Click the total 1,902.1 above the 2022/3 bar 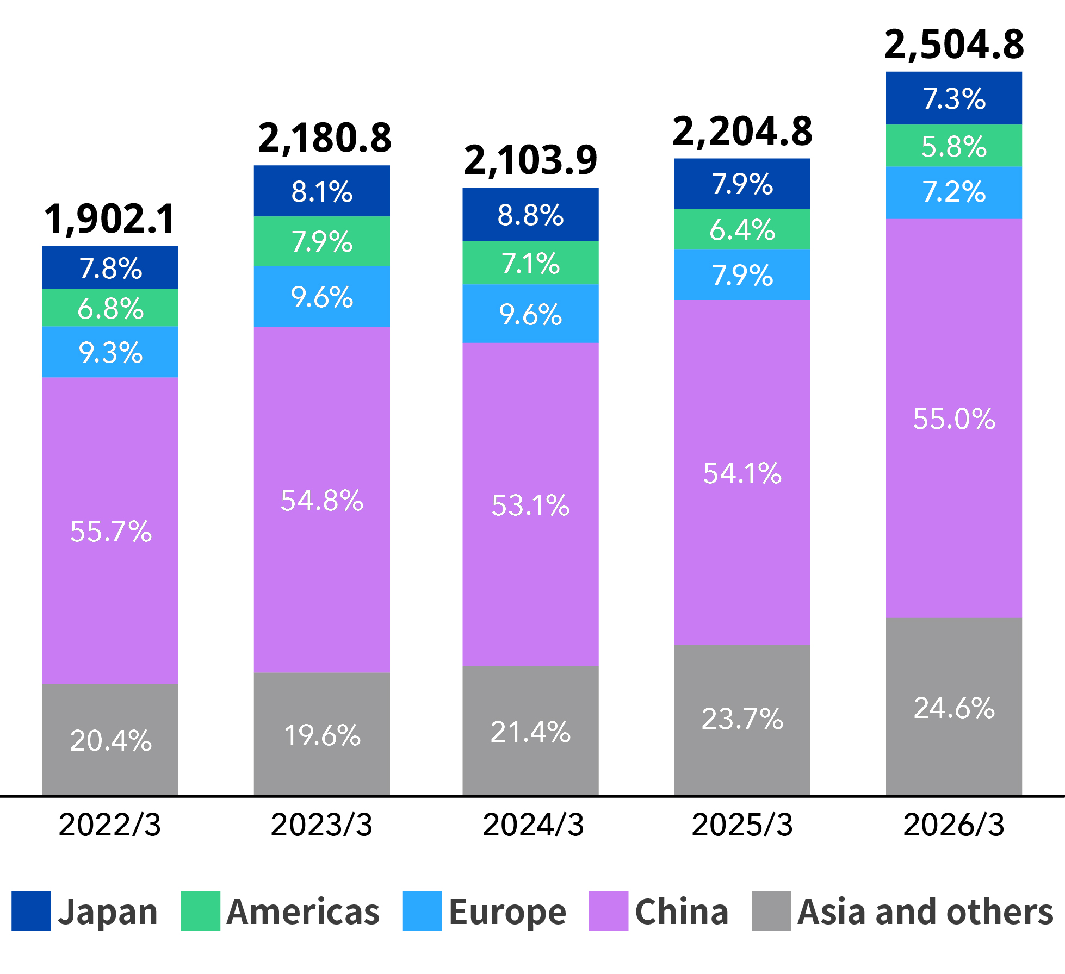tap(110, 220)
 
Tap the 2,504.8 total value tap(954, 45)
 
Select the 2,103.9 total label tap(530, 161)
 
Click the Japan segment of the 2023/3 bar tap(322, 191)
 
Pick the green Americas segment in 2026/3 tap(954, 146)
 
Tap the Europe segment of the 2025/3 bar tap(742, 275)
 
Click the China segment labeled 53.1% tap(530, 504)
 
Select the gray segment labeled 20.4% tap(110, 740)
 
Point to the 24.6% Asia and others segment tap(954, 707)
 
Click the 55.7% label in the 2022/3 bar tap(111, 532)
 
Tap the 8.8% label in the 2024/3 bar tap(530, 215)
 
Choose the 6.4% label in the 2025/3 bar tap(742, 230)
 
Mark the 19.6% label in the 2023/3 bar tap(322, 735)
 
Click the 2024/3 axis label tap(533, 825)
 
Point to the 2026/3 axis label tap(953, 825)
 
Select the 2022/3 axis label tap(110, 825)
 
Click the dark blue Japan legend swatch tap(31, 911)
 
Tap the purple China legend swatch tap(609, 911)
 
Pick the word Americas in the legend tap(303, 912)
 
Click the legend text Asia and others tap(926, 912)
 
